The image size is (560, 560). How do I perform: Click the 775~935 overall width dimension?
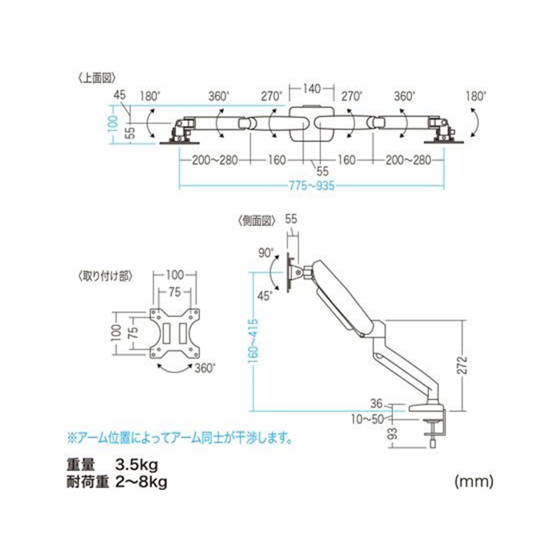pos(311,185)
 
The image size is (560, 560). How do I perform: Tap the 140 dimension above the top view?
pos(311,89)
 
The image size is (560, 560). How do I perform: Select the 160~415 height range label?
pos(253,341)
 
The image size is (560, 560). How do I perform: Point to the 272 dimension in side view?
pos(463,365)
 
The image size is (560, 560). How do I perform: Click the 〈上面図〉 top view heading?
pos(97,78)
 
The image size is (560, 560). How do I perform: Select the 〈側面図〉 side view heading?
pos(257,221)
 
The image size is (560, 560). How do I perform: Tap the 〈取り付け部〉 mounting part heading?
pos(105,276)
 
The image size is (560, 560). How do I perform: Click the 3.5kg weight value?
pos(136,465)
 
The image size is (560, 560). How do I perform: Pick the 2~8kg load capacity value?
pos(141,482)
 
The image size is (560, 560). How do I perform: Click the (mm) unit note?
pos(474,482)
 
